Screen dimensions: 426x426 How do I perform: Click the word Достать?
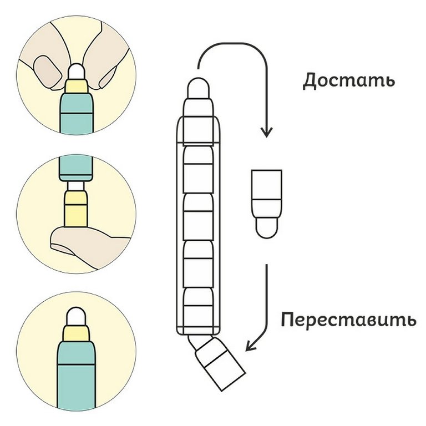pos(348,80)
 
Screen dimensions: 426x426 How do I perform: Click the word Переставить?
pos(348,321)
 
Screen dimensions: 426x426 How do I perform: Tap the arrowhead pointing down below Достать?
pos(267,131)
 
